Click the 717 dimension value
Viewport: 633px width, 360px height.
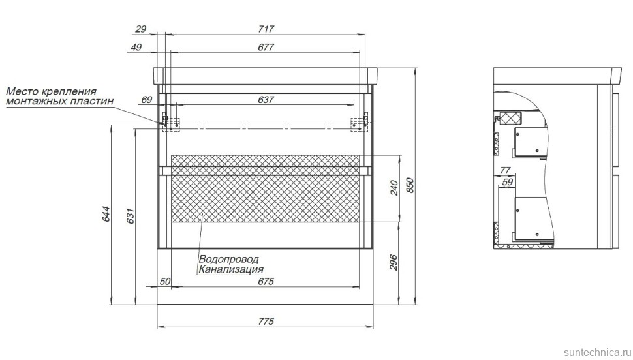(x=266, y=29)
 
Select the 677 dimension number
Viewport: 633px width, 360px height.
(x=266, y=47)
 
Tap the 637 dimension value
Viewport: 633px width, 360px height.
(x=266, y=99)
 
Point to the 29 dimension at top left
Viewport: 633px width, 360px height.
(x=140, y=29)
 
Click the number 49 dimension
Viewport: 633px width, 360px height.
(x=136, y=47)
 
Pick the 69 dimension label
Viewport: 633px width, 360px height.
(x=147, y=99)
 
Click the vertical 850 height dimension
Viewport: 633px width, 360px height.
(x=410, y=185)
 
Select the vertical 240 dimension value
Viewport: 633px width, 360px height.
(x=394, y=188)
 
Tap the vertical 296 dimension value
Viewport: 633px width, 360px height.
(x=394, y=262)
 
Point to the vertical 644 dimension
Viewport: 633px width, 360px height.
(x=106, y=214)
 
